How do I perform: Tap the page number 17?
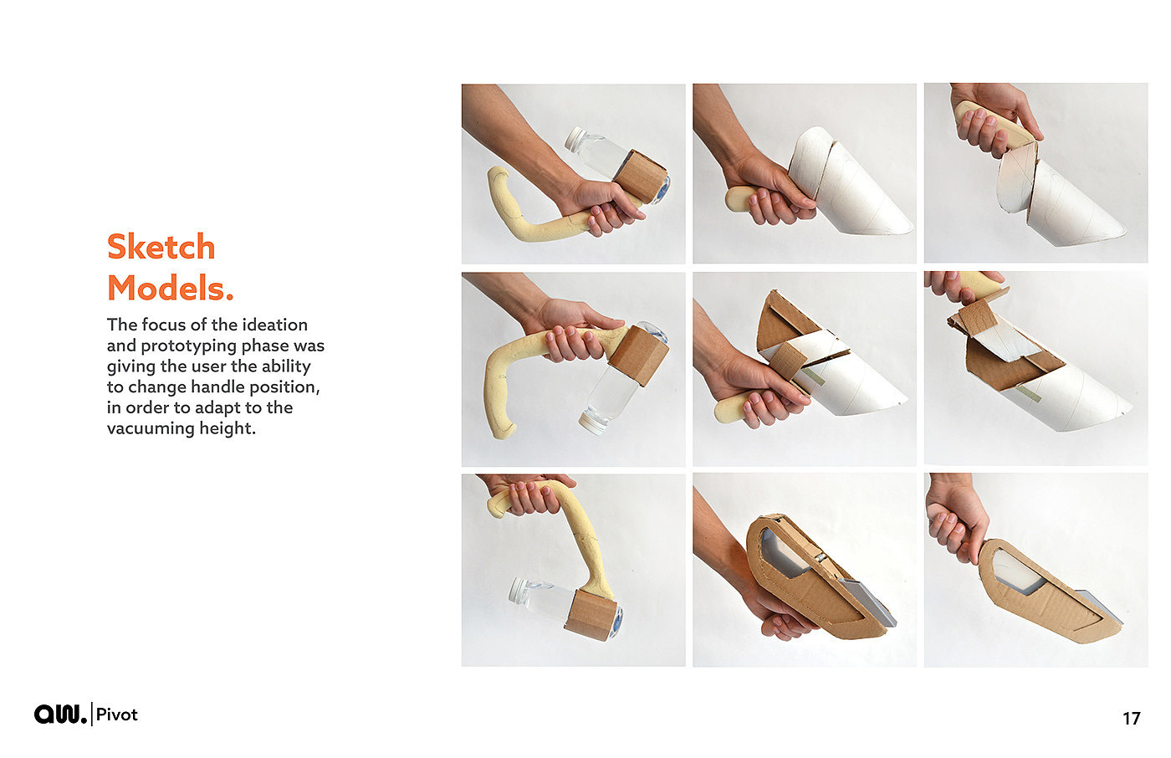click(x=1131, y=719)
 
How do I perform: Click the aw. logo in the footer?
click(x=60, y=714)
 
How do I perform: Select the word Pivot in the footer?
click(x=116, y=714)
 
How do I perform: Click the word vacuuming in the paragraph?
click(x=143, y=428)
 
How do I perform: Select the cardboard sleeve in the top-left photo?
click(x=640, y=177)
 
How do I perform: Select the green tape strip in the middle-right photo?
click(x=1028, y=392)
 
